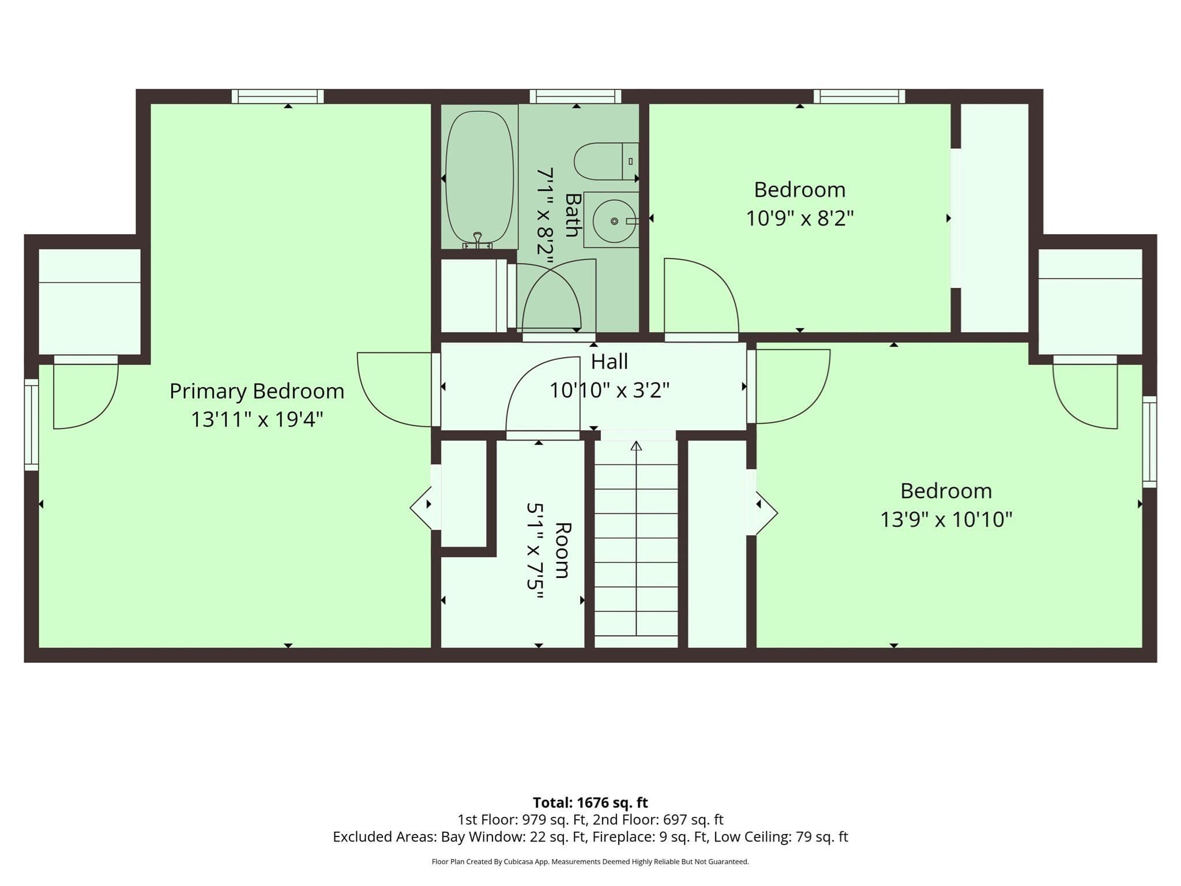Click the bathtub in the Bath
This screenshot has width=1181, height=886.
[x=479, y=177]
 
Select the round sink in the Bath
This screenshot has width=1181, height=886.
[x=614, y=221]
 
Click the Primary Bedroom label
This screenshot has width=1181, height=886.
[x=257, y=392]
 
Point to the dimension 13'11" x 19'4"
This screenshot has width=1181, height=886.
[x=257, y=419]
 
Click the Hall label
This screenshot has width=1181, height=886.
[x=610, y=362]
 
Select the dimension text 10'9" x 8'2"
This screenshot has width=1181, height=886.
[x=800, y=219]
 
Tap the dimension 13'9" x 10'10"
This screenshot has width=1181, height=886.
[x=946, y=520]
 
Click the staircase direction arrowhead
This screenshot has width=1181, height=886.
[x=636, y=445]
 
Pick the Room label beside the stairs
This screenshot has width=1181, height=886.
[x=563, y=550]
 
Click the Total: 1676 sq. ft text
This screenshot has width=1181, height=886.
[x=590, y=802]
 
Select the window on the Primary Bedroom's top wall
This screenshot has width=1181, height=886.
[x=277, y=96]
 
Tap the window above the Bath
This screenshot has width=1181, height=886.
[x=576, y=96]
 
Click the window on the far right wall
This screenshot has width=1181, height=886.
[x=1149, y=442]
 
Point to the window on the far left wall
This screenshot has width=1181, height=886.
[x=31, y=425]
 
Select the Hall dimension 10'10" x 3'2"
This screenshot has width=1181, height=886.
[x=610, y=391]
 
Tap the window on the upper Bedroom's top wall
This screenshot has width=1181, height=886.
[x=859, y=96]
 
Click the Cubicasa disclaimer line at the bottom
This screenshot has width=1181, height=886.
[x=590, y=862]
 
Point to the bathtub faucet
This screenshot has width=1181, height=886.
[x=477, y=240]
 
